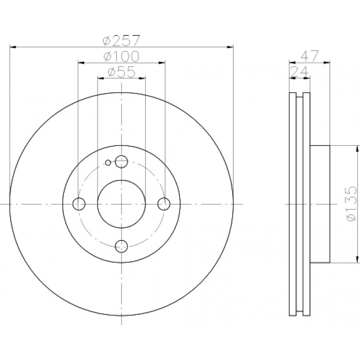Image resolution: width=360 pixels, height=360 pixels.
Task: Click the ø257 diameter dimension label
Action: pos(121,40)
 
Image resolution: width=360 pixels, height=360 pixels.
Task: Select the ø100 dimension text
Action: pos(121,56)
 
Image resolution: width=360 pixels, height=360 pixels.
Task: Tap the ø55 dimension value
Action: pos(121,72)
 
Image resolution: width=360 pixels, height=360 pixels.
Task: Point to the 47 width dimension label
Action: pos(310,56)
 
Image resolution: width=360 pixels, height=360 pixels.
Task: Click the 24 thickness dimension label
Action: pos(300,72)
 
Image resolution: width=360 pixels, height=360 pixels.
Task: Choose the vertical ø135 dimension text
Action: pos(351,204)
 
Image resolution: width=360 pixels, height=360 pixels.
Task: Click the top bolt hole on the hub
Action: pos(121,161)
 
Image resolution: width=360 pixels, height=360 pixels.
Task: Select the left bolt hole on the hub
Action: pos(79,204)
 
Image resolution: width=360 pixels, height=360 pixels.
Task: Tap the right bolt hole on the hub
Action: pos(164,204)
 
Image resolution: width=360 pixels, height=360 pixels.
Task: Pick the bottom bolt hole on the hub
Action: pos(121,246)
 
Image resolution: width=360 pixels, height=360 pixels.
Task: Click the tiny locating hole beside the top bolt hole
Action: pos(108,163)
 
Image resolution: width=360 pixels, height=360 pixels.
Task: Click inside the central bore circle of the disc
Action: pos(121,204)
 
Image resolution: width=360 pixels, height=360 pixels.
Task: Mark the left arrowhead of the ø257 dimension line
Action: pos(13,47)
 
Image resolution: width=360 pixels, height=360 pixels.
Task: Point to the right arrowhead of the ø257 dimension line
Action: pos(230,47)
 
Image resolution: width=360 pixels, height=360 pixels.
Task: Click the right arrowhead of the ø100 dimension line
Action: pos(162,62)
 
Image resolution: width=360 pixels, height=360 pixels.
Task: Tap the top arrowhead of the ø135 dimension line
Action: pos(357,149)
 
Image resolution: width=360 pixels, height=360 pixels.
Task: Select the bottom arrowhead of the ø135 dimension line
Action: pos(357,259)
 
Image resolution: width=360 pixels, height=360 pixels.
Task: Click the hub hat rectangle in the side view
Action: pos(320,204)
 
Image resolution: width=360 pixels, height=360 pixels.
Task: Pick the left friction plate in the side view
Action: pos(293,204)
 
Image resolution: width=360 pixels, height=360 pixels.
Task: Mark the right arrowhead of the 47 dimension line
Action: pos(327,62)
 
